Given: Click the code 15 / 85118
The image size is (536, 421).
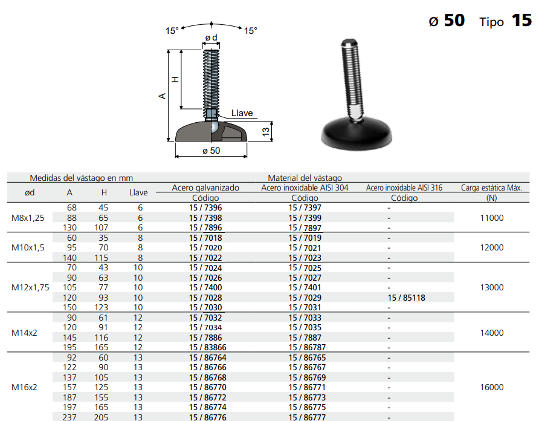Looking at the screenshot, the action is pos(407,298).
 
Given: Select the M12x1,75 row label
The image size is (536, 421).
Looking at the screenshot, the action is pos(30,287).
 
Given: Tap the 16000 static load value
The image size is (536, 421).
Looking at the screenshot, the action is pos(491,388).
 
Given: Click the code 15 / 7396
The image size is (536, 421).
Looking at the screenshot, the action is pos(205,207).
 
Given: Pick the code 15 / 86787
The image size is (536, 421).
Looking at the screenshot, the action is pos(307,347).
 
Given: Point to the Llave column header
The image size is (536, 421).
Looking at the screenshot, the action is pos(138,193).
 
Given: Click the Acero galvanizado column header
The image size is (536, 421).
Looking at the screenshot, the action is pos(205,188).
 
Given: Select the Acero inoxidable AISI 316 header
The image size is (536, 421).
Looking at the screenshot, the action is pos(404,188).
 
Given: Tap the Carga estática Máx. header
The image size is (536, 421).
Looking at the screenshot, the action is pos(491,188).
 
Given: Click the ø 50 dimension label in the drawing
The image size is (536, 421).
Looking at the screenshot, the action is pos(211,151).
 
